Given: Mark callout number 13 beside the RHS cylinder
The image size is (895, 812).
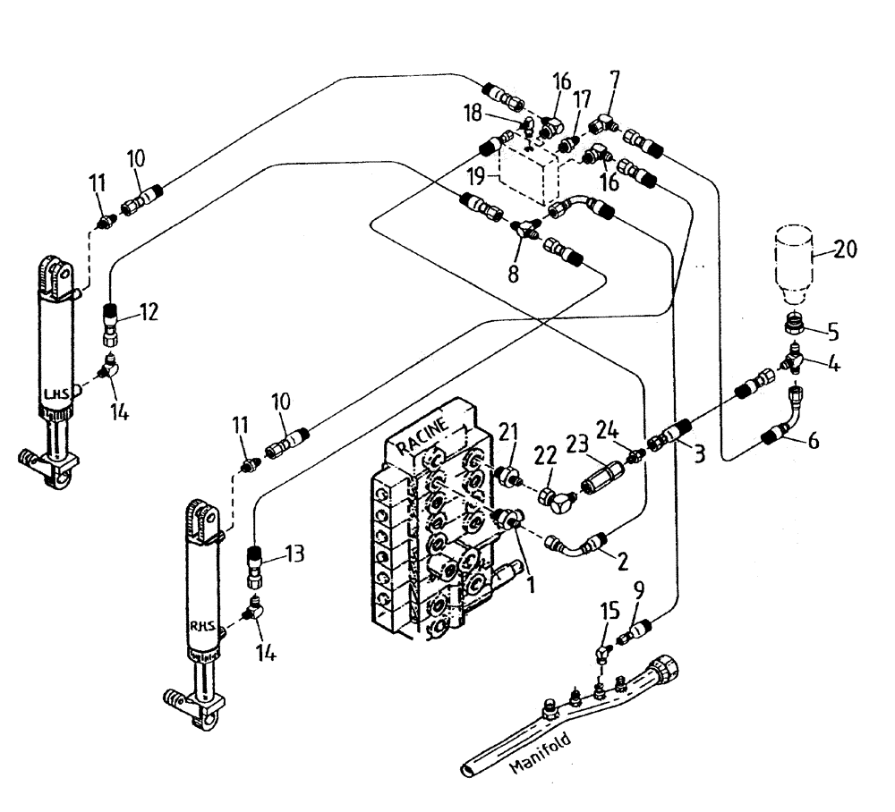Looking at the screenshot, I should coord(295,554).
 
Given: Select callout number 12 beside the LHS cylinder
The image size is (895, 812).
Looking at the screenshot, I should coord(149,313).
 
